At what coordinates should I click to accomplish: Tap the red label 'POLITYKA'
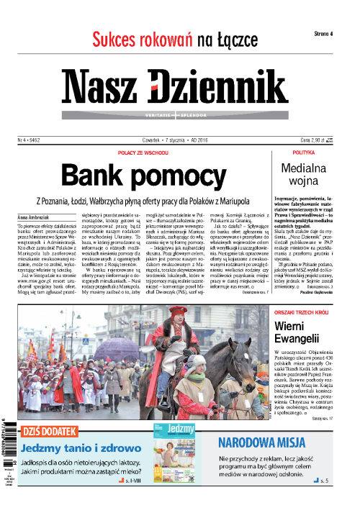click(x=304, y=153)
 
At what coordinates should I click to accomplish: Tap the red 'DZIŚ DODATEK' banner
click(x=46, y=432)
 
